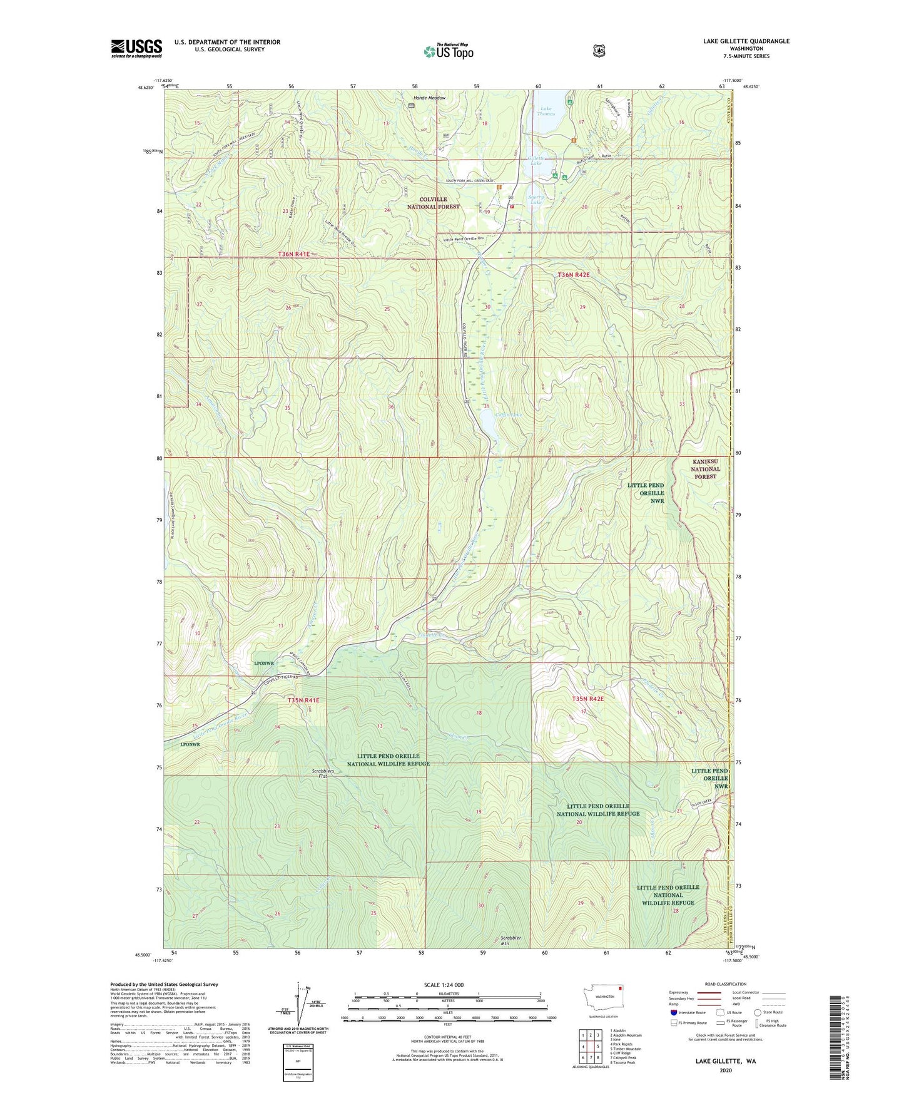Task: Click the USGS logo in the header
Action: tap(136, 48)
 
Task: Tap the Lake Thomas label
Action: tap(546, 111)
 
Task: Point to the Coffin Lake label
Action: tap(508, 415)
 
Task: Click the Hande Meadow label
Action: tap(429, 98)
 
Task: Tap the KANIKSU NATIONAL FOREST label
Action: tap(705, 469)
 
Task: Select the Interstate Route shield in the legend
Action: tap(673, 1012)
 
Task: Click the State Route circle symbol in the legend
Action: tap(758, 1012)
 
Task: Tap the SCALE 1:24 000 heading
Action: tap(444, 985)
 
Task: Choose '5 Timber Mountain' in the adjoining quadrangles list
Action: tap(626, 1049)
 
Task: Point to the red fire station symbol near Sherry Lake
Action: tap(512, 206)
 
